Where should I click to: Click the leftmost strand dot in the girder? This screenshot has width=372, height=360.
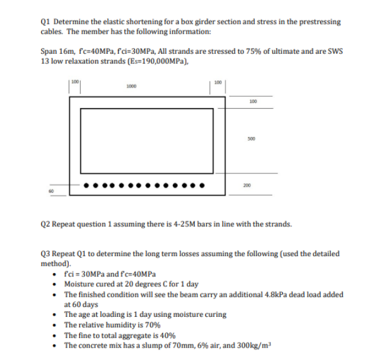coord(87,186)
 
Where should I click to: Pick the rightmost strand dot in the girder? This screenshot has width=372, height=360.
coord(200,186)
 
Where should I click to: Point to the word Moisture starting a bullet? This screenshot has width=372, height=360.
coord(80,284)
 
